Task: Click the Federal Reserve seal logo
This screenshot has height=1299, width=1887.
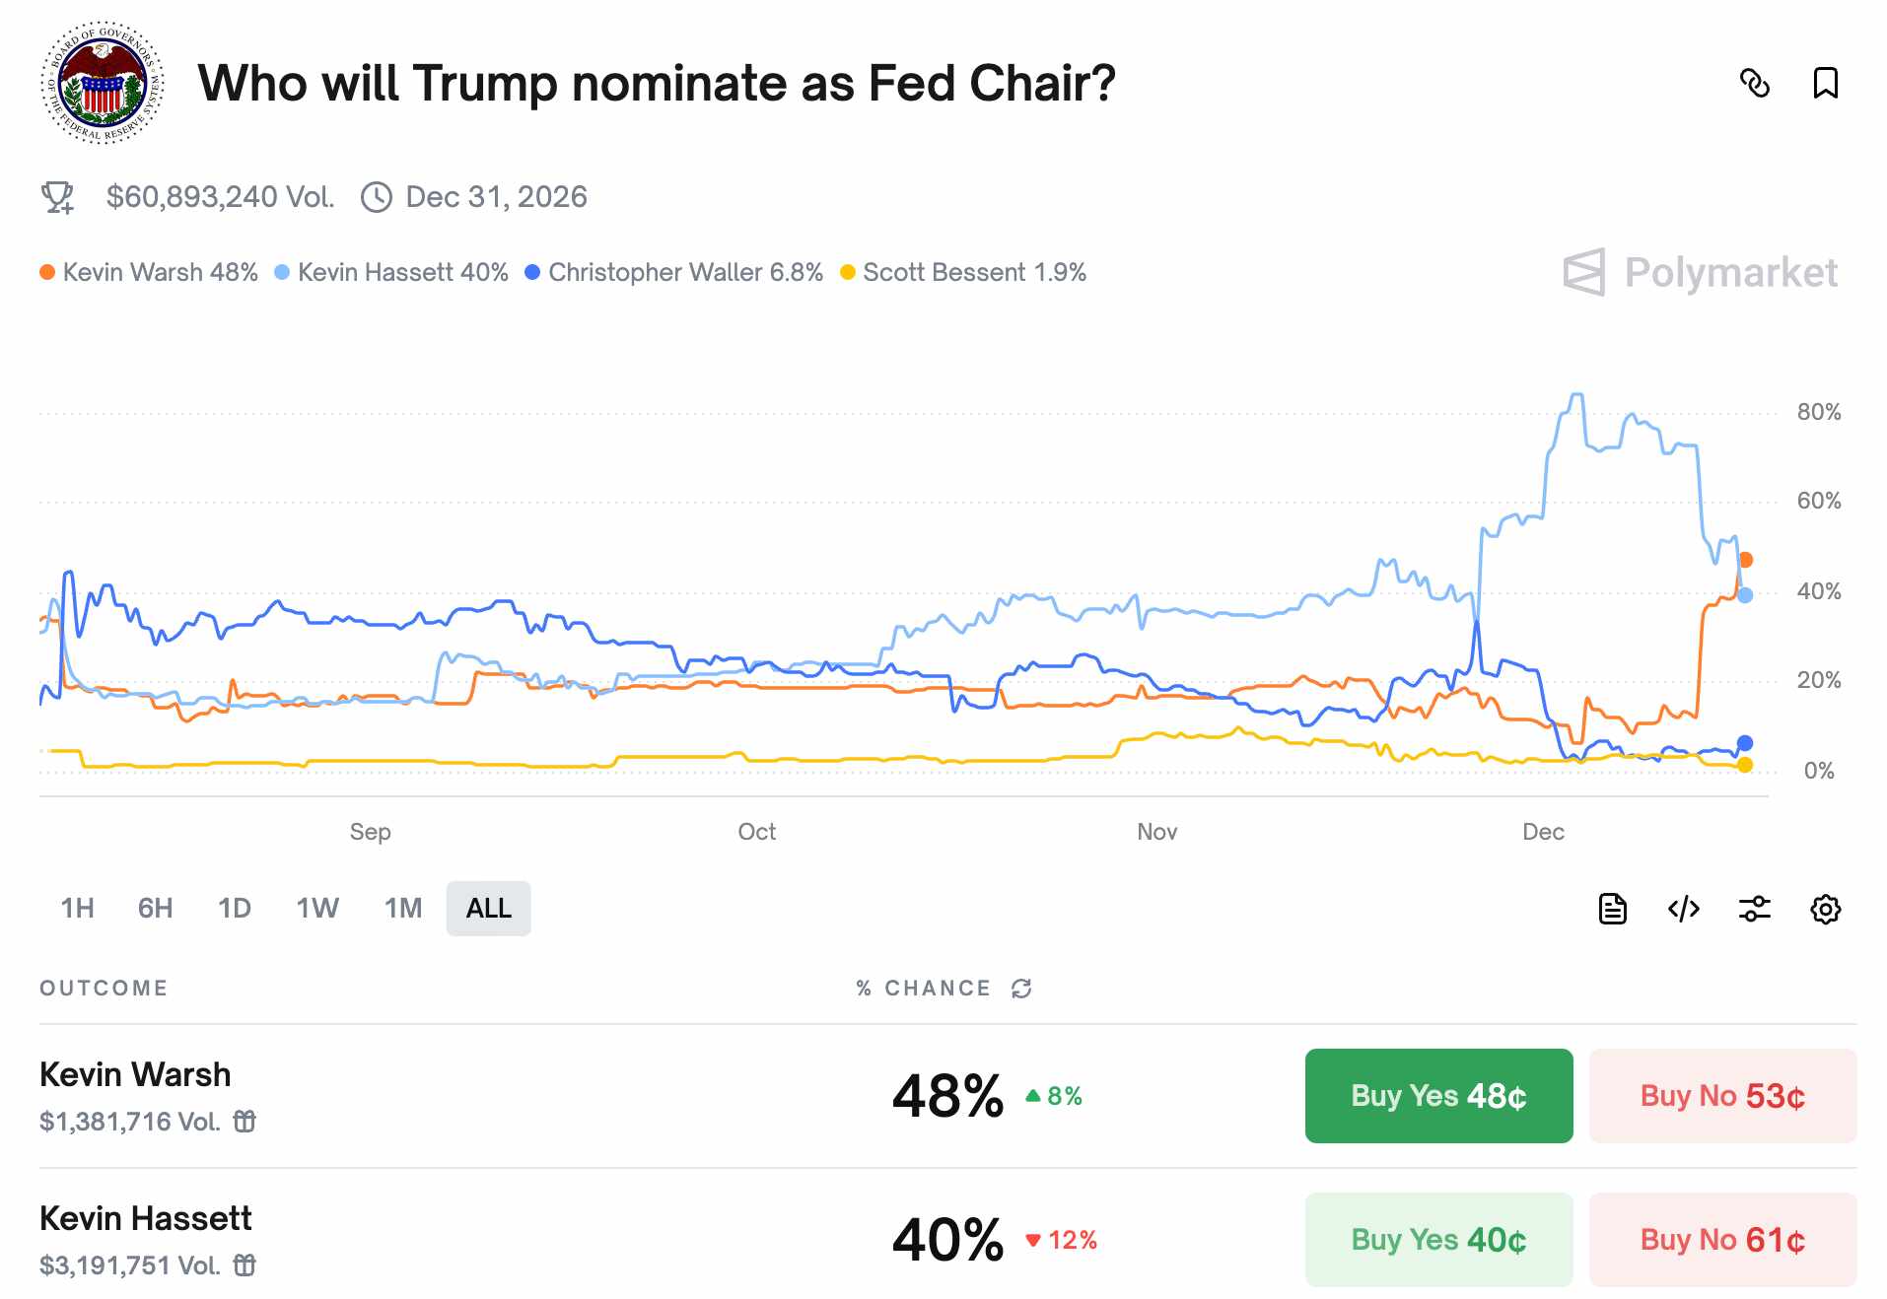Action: click(103, 84)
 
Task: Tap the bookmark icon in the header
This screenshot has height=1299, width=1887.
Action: click(1825, 84)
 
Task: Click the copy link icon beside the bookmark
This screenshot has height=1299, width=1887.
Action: click(1754, 84)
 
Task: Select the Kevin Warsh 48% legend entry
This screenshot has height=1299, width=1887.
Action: click(149, 273)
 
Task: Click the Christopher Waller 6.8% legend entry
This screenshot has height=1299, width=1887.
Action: click(674, 273)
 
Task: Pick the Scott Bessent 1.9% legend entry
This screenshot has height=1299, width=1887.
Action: click(963, 273)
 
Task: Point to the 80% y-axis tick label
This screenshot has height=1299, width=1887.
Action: click(1818, 413)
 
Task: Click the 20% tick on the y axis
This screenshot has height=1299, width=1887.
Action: click(1818, 681)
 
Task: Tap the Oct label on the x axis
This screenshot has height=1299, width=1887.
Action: click(756, 832)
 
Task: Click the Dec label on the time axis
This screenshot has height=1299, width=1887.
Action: click(1542, 832)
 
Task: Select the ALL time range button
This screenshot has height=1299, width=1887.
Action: click(488, 909)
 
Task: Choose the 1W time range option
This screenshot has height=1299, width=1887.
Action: click(317, 909)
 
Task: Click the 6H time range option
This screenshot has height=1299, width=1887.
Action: click(155, 909)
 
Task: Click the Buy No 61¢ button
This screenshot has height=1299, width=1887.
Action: click(1721, 1240)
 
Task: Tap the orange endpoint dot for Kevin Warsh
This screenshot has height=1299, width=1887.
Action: click(1745, 560)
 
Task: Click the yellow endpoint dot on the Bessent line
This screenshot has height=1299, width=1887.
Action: click(1745, 766)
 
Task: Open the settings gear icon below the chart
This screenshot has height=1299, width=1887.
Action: click(1825, 909)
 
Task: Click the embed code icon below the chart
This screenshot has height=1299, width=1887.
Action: click(1683, 909)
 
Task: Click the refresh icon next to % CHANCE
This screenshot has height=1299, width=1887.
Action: click(1021, 989)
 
